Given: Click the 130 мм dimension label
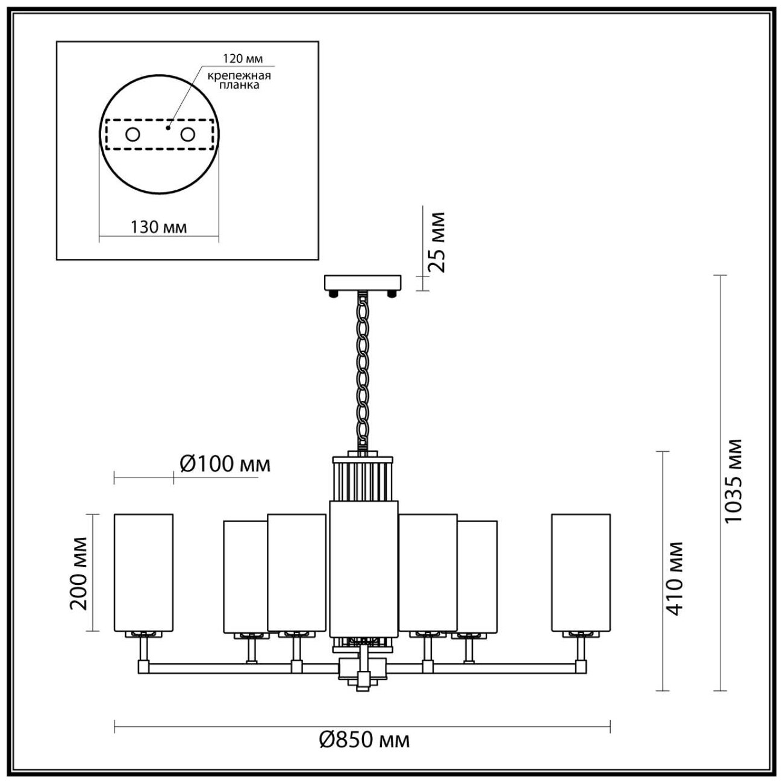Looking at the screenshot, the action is point(158,227).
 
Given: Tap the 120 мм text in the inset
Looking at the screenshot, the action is point(243,58).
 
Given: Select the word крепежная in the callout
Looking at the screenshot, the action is point(239,76).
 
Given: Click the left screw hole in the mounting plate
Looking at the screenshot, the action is point(133,134).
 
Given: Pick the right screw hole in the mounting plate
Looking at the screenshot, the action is point(188,134).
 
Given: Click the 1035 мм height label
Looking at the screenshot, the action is point(734,487).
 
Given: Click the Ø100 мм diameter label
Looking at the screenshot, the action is point(225,464).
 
